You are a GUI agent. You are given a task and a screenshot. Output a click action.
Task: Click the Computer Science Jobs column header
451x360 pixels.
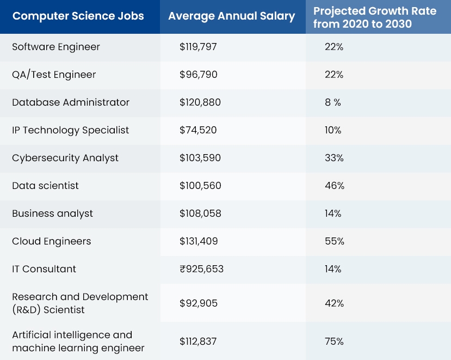78,16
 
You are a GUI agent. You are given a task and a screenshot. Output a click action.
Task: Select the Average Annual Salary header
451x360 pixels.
231,16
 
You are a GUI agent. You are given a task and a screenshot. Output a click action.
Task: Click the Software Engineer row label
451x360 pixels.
56,47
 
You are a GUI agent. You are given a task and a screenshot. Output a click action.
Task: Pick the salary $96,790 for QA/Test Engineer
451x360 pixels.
199,75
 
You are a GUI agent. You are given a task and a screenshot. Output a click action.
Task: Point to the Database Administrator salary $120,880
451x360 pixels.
200,102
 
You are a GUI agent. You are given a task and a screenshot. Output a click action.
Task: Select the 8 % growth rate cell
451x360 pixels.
333,102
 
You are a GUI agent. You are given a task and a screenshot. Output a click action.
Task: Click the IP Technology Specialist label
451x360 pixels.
71,130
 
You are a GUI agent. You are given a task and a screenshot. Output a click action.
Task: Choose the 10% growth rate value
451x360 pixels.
333,130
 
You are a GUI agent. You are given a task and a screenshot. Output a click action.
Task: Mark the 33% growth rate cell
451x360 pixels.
334,158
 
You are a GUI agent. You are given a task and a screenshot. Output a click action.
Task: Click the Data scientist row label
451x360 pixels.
45,186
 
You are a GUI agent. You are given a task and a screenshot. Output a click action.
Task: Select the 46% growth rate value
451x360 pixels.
335,186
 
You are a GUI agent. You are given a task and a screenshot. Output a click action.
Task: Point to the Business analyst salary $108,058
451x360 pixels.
200,213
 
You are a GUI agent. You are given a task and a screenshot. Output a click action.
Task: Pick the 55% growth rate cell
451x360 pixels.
334,241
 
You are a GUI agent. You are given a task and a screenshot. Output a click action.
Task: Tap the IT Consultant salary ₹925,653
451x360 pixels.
201,269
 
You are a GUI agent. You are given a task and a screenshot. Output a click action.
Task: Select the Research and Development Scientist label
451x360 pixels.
80,303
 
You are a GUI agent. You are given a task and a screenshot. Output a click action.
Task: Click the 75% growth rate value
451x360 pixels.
334,341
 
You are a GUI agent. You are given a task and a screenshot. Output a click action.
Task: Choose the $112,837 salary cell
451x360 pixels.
198,341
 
